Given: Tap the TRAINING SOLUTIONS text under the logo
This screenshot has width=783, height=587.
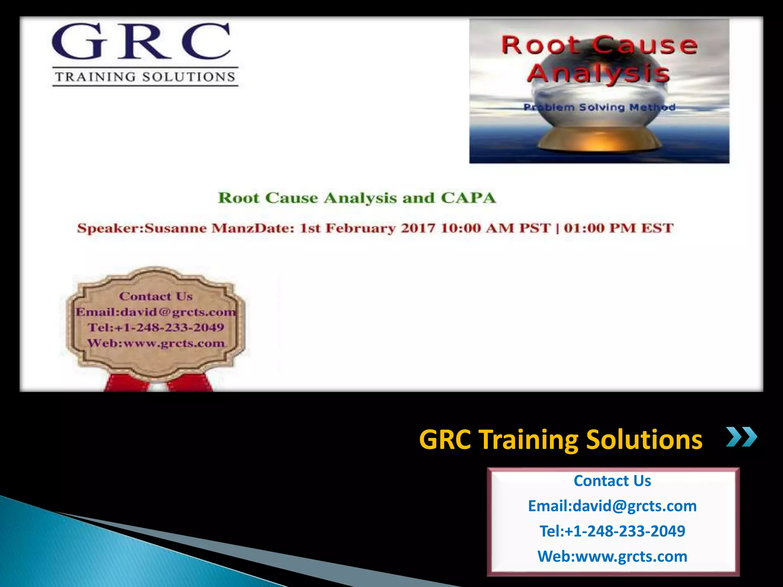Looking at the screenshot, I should [145, 77].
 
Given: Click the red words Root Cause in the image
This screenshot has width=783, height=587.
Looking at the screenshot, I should [599, 45].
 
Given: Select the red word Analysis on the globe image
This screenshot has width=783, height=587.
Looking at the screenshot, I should [598, 73].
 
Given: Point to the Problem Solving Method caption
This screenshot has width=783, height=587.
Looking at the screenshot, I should [599, 107].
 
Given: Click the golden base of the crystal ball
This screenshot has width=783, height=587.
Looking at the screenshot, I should [599, 139].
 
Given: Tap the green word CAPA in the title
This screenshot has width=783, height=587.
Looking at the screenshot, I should [468, 198].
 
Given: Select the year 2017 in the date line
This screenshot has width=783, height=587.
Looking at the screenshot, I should [418, 228].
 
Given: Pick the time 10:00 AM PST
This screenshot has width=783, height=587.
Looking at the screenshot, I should [495, 228].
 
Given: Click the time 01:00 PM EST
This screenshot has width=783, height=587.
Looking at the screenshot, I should [618, 228].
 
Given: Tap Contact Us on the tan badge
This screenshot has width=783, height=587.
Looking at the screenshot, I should [156, 296].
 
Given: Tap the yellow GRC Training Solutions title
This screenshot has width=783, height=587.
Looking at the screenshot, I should [560, 439].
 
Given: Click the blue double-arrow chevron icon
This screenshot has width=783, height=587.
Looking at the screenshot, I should [741, 437].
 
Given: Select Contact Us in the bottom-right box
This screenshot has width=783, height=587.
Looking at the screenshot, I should [612, 481].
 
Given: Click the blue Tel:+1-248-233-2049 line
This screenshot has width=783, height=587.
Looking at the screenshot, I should [612, 531].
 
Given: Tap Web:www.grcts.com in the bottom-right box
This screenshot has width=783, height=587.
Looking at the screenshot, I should [612, 556].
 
